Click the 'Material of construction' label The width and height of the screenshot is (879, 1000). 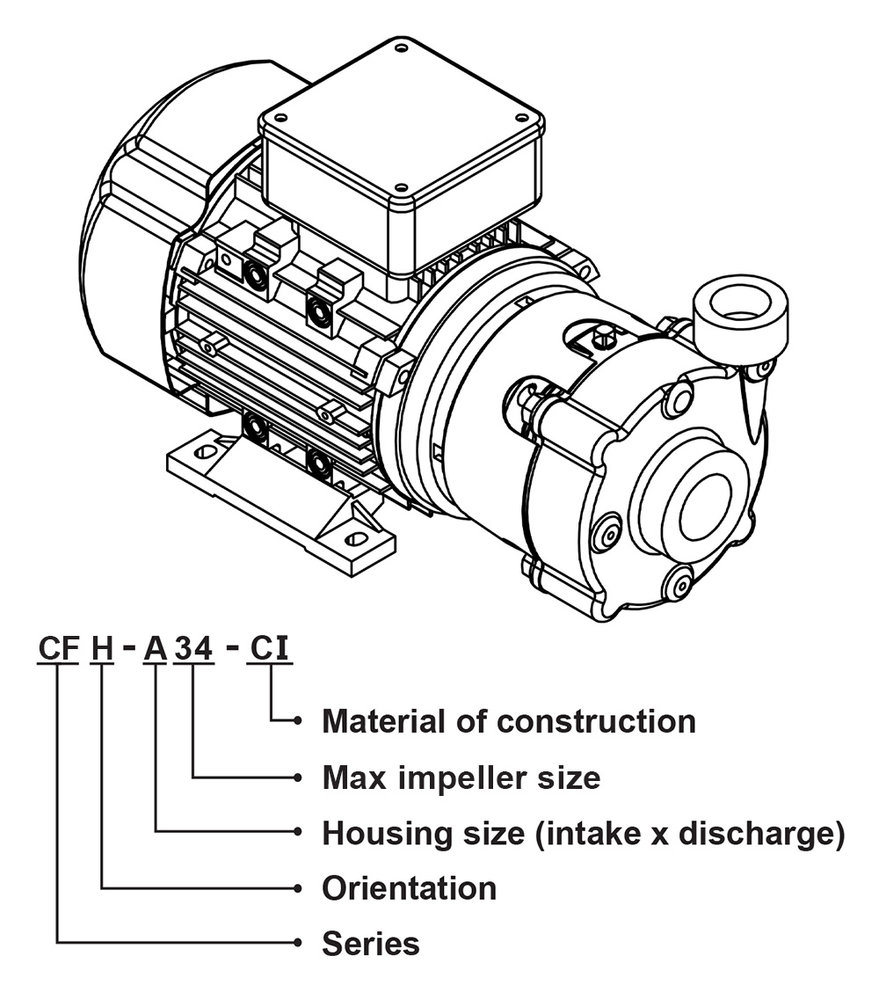pos(509,721)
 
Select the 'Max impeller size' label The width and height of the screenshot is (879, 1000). pos(461,777)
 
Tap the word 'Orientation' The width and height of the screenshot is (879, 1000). pos(409,888)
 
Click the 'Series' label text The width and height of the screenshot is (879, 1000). pos(370,943)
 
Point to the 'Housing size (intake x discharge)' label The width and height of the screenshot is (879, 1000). pos(584,833)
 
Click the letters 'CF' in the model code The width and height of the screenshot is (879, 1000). pos(58,648)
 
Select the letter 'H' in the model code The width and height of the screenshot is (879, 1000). pos(102,648)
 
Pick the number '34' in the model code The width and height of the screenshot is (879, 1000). pos(194,648)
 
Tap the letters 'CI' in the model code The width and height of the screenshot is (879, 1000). pos(269,648)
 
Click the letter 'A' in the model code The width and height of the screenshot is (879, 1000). pos(155,648)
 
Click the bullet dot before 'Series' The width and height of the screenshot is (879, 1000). pos(297,942)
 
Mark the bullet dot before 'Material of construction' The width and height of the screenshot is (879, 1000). pos(297,720)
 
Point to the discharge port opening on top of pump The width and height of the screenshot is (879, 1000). pos(740,301)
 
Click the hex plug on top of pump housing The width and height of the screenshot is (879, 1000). pos(601,337)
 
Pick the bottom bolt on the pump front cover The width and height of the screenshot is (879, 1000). pos(678,583)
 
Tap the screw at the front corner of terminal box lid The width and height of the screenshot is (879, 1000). pos(401,187)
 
